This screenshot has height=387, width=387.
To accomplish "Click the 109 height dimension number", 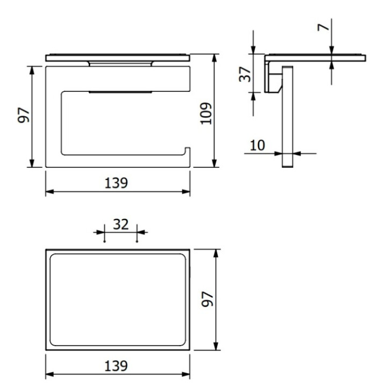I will [206, 113].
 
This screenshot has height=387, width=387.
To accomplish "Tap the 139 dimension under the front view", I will [117, 183].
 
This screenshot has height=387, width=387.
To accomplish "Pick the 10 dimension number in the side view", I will [257, 145].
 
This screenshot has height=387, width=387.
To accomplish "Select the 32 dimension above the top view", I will [121, 224].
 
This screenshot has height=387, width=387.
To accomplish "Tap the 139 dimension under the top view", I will [117, 367].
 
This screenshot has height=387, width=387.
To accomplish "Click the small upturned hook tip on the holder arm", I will [188, 149].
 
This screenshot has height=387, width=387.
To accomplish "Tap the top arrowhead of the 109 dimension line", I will [215, 56].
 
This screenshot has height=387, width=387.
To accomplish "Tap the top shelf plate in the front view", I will [118, 57].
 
